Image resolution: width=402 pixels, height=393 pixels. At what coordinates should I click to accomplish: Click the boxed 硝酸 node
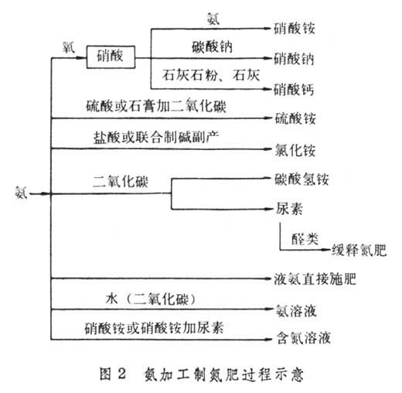coord(111,57)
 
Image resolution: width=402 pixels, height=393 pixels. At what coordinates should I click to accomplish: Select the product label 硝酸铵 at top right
coord(295,28)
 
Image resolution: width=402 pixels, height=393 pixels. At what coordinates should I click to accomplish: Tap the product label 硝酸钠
coord(294,59)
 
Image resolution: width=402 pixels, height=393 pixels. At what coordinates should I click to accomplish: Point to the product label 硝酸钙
coord(294,90)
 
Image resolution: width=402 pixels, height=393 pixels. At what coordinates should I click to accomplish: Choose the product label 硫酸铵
coord(295,118)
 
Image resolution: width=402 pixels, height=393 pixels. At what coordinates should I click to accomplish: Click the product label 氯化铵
coord(295,150)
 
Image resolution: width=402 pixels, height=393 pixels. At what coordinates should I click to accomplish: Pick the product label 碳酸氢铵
coord(301,179)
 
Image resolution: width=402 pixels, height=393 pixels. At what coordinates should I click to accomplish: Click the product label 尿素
coord(289,208)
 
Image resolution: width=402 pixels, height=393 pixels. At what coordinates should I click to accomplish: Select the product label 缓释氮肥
coord(359,250)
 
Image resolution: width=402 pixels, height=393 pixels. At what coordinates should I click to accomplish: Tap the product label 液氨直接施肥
coord(315,279)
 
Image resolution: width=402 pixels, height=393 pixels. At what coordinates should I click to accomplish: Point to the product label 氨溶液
coord(296,310)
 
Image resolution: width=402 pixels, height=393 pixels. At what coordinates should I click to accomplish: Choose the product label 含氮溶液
coord(304,338)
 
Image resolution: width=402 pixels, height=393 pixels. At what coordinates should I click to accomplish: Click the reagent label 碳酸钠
coord(212,47)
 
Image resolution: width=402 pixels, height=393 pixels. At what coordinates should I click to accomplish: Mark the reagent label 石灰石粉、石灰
coord(211,75)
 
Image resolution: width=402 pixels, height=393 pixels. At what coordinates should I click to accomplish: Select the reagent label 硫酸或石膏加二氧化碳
coord(156,106)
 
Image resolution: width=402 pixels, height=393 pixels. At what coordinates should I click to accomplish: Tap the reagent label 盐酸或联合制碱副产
coord(156,137)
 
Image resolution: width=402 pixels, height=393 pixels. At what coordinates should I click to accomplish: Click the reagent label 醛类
coord(305,239)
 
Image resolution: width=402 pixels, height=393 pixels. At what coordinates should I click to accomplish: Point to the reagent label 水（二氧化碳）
coord(151,299)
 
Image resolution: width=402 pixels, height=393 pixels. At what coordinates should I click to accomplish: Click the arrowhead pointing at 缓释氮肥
coord(327,250)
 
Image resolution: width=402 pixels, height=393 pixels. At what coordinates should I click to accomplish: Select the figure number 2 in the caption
coord(122,374)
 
